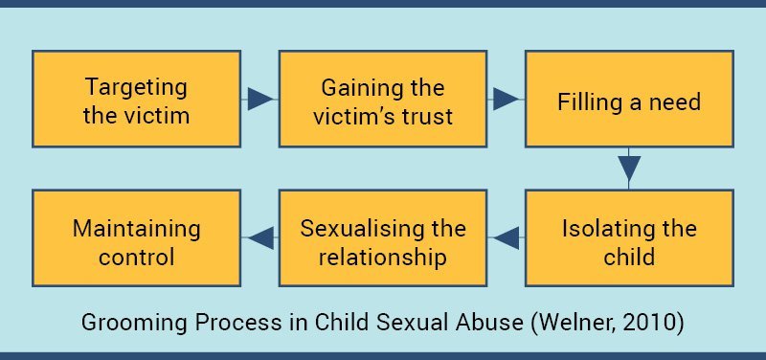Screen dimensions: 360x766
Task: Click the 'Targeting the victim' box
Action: tap(137, 100)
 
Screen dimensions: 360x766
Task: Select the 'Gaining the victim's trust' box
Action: tap(383, 100)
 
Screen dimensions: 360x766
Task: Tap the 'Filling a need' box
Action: tap(629, 100)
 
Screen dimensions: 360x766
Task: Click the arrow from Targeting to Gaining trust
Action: tap(259, 99)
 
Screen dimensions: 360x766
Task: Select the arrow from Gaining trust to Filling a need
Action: tap(505, 99)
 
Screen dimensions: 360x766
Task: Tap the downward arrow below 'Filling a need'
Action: tap(629, 168)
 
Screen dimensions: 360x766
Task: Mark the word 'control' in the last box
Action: tap(137, 257)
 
